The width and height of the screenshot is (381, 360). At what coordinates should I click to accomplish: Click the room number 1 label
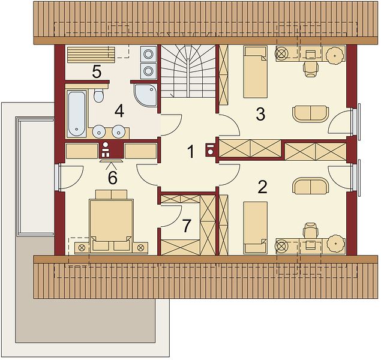(191, 152)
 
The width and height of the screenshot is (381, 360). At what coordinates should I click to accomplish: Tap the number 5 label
(97, 72)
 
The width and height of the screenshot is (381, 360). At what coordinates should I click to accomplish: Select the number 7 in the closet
(186, 226)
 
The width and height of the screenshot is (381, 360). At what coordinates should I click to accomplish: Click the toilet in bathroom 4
(98, 95)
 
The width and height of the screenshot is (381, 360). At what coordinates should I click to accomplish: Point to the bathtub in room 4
(77, 114)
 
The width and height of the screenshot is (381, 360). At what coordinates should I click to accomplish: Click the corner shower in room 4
(145, 95)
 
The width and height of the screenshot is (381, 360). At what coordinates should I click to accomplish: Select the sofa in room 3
(311, 113)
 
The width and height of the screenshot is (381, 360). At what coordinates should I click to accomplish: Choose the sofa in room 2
(311, 186)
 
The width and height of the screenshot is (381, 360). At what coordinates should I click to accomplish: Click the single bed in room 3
(256, 72)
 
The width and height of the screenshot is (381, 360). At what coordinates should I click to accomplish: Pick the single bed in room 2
(256, 227)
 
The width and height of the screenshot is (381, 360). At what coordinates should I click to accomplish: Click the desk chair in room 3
(311, 69)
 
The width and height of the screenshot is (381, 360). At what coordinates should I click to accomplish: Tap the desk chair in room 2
(311, 230)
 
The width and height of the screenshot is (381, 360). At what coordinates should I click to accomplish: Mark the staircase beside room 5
(188, 71)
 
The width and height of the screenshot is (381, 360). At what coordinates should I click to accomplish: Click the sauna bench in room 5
(91, 55)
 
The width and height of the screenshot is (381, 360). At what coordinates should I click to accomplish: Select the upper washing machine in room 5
(148, 54)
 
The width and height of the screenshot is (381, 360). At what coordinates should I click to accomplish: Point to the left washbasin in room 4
(99, 131)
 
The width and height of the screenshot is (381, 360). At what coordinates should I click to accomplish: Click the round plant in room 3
(335, 55)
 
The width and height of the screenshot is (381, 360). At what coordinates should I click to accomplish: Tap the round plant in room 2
(335, 244)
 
